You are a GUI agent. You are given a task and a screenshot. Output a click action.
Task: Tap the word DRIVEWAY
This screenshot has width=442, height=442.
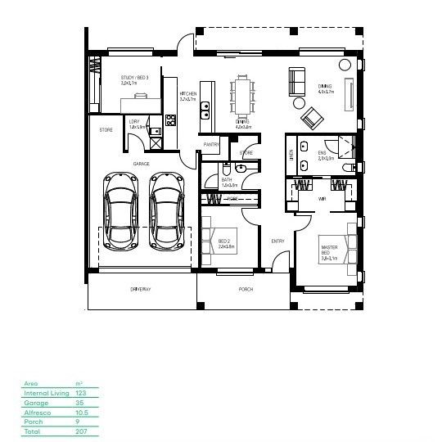[141, 290]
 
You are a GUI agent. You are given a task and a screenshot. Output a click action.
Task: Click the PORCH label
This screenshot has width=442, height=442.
[246, 290]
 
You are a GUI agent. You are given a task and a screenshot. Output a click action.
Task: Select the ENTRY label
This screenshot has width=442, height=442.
[278, 241]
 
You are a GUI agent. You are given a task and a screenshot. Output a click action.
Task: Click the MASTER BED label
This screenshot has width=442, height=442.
[329, 250]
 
